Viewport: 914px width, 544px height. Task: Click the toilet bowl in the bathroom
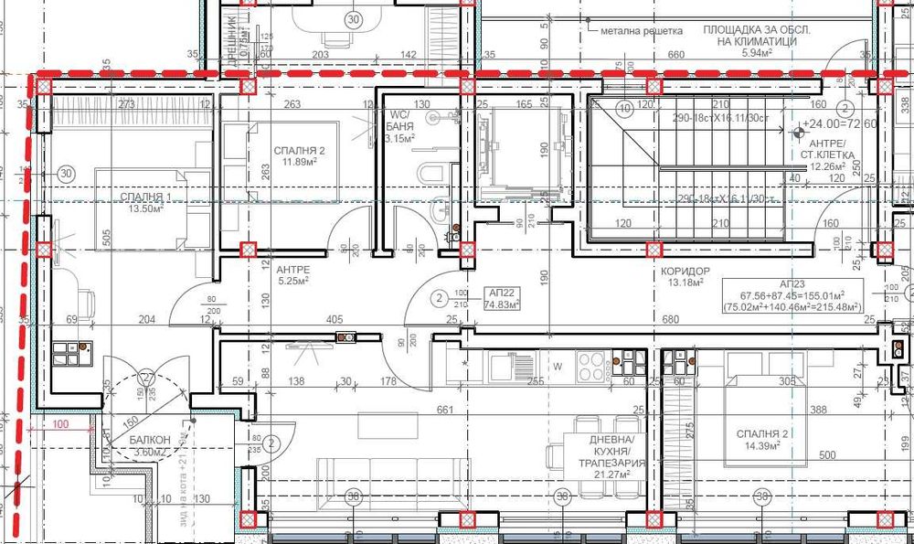(430, 174)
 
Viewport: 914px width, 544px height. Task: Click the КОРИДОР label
(686, 272)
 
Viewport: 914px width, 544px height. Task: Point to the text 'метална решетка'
(642, 31)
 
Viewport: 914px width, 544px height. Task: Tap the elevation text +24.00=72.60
(839, 123)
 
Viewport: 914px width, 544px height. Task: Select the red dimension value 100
(61, 425)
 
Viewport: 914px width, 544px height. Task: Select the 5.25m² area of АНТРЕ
(293, 282)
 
